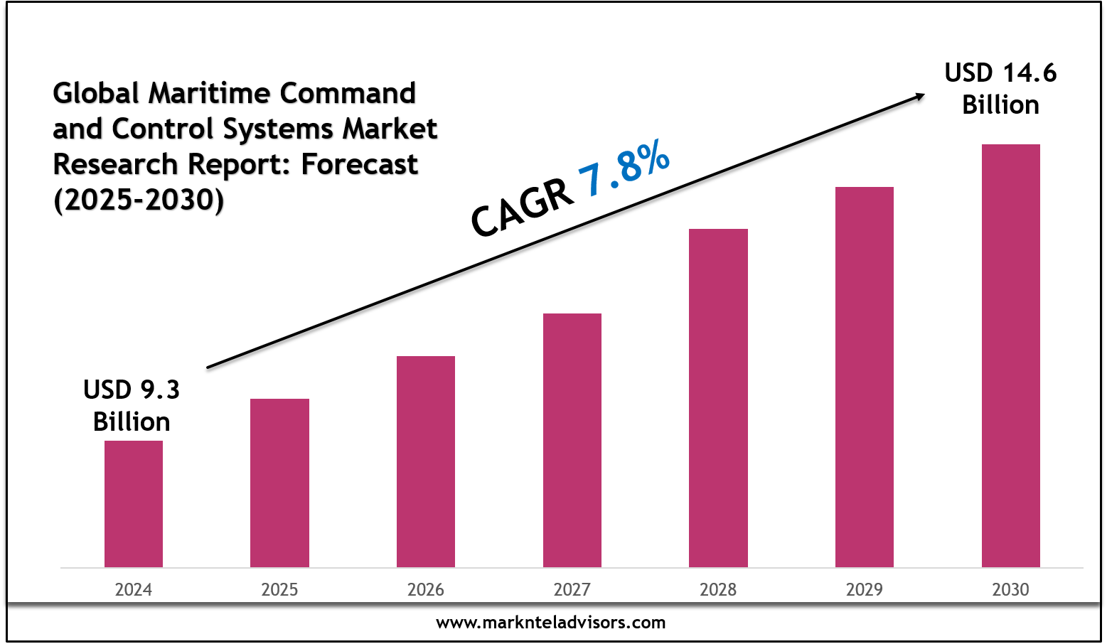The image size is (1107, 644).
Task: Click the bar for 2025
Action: pyautogui.click(x=279, y=483)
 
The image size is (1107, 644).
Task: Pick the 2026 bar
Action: pyautogui.click(x=426, y=461)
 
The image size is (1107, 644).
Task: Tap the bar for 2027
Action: pyautogui.click(x=572, y=440)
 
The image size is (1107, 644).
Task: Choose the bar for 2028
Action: pyautogui.click(x=718, y=398)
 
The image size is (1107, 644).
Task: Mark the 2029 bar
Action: pyautogui.click(x=865, y=377)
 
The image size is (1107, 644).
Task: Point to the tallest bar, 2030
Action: pyautogui.click(x=1010, y=355)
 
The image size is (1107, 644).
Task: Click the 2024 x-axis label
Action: pyautogui.click(x=134, y=589)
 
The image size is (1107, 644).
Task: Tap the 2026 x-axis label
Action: pyautogui.click(x=426, y=589)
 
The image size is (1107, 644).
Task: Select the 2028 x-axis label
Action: pyautogui.click(x=718, y=589)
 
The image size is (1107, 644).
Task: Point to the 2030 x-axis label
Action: pyautogui.click(x=1010, y=589)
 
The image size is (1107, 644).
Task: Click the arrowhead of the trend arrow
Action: pyautogui.click(x=919, y=97)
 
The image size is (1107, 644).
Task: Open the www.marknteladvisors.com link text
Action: pyautogui.click(x=551, y=623)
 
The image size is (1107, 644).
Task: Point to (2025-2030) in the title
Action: pyautogui.click(x=139, y=200)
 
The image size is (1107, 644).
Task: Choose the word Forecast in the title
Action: pyautogui.click(x=359, y=164)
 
